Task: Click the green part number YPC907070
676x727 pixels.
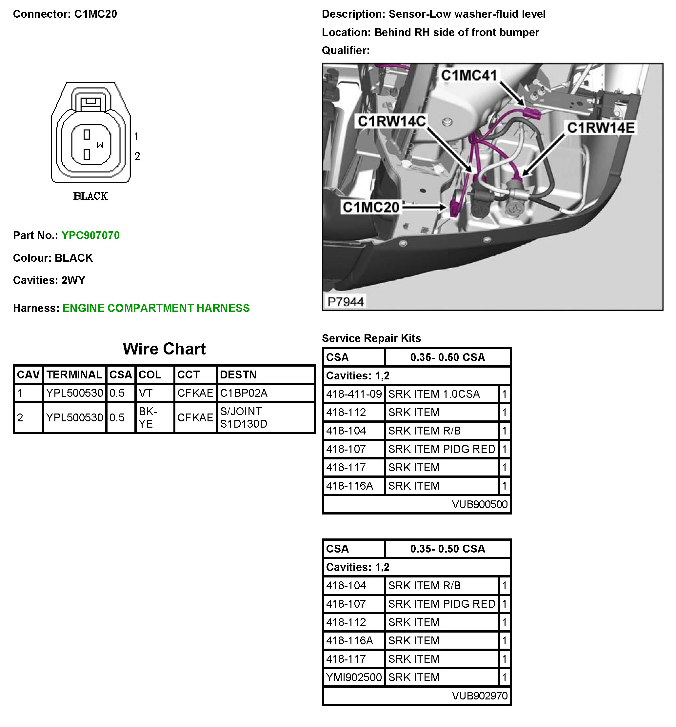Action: tap(90, 235)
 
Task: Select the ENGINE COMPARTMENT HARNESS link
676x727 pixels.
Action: tap(156, 308)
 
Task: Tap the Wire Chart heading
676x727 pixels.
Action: tap(164, 349)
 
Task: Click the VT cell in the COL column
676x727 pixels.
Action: tap(146, 393)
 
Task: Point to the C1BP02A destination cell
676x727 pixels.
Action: tap(244, 393)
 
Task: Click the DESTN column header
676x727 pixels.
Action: tap(238, 374)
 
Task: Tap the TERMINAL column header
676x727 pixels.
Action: tap(74, 374)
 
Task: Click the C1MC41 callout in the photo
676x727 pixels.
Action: tap(469, 75)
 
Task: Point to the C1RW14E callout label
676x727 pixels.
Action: tap(601, 128)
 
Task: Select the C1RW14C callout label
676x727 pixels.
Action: tap(391, 121)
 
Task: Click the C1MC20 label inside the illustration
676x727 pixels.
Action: tap(371, 207)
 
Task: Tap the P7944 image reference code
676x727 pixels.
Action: tap(346, 302)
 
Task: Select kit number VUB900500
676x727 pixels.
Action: tap(479, 504)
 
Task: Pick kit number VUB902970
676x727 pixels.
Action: tap(479, 696)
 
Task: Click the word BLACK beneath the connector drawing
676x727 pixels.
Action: tap(91, 196)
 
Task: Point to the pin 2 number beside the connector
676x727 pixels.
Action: tap(137, 156)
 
